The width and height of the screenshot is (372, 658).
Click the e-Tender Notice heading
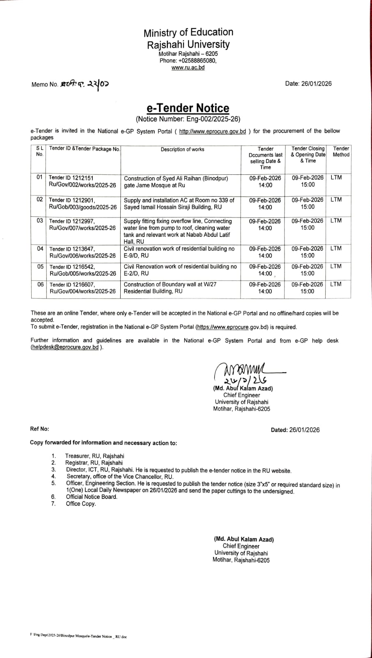[x=188, y=108]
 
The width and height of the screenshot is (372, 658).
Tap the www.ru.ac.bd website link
[x=188, y=67]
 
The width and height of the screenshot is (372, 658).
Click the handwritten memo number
[x=85, y=84]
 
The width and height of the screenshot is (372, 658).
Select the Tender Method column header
[x=341, y=152]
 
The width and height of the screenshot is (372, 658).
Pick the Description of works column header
[x=182, y=149]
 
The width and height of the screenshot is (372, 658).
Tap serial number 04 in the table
[x=40, y=248]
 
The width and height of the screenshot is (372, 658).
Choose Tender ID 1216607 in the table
[x=72, y=285]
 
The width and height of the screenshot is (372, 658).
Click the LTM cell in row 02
[x=336, y=200]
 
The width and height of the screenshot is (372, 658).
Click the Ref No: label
[x=39, y=429]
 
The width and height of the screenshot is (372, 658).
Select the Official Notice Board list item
[x=92, y=497]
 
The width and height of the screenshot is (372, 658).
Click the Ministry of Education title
[x=188, y=32]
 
